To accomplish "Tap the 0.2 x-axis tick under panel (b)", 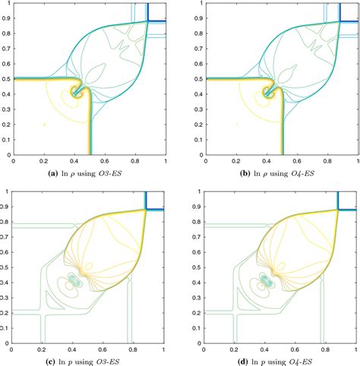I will (x=236, y=160).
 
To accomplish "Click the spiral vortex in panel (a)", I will (x=77, y=92).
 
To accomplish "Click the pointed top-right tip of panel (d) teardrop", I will (x=336, y=210).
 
